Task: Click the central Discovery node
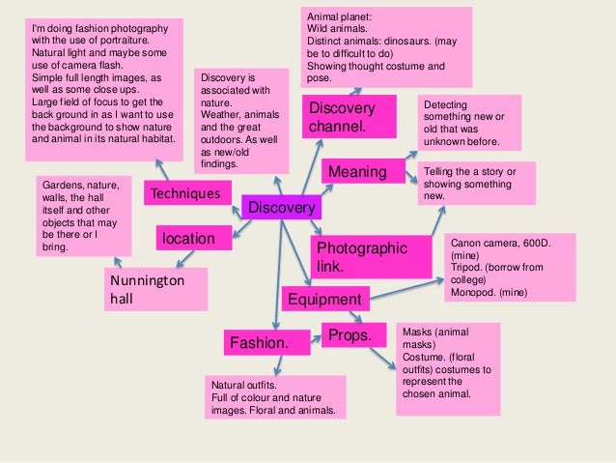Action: (282, 208)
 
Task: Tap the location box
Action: (194, 237)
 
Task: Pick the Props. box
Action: (352, 335)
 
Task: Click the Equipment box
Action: (324, 300)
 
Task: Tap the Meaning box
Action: (358, 172)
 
